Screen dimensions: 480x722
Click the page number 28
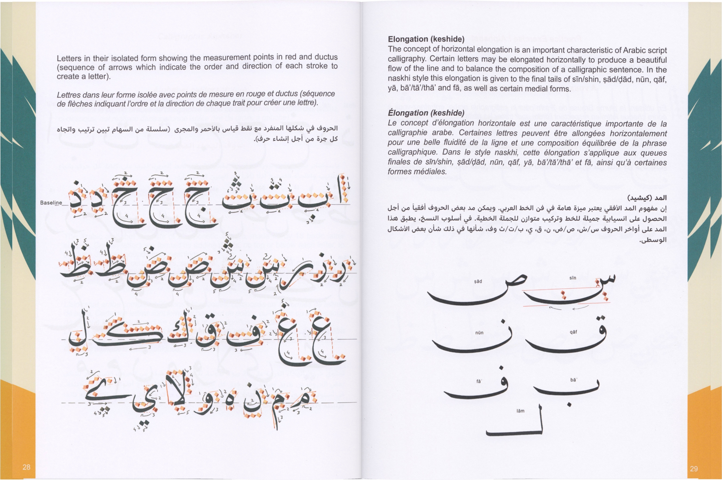[x=27, y=467]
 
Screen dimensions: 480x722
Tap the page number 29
[x=694, y=469]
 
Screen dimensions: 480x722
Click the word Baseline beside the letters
[x=51, y=203]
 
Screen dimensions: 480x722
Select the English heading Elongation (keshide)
[x=426, y=39]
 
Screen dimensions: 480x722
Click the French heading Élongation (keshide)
[x=426, y=113]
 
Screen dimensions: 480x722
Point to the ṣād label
[x=478, y=281]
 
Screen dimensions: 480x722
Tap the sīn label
[x=573, y=278]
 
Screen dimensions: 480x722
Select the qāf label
[x=573, y=332]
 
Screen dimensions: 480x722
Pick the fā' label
[x=479, y=382]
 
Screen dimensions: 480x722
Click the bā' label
[x=574, y=380]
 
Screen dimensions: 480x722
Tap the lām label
[x=520, y=411]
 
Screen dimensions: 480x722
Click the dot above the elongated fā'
[x=501, y=368]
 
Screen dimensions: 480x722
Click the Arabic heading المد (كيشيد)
[x=647, y=198]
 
